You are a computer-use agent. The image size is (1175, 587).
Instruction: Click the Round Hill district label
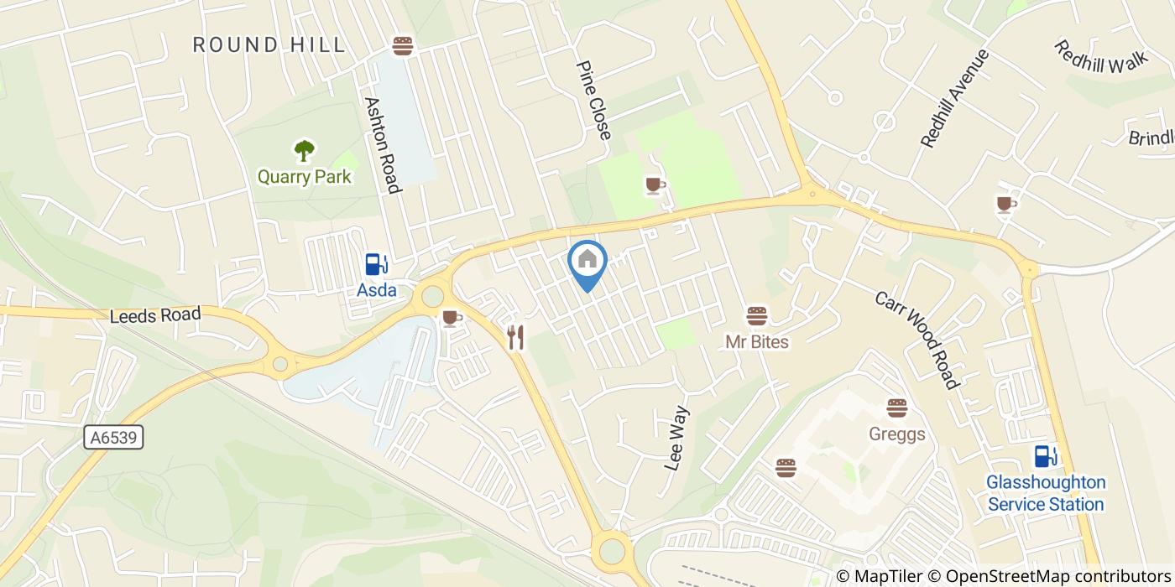(269, 44)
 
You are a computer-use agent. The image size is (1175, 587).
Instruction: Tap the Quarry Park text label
(304, 177)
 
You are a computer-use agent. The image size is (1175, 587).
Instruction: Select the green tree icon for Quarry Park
(304, 151)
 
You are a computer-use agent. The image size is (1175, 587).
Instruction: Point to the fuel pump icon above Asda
(375, 264)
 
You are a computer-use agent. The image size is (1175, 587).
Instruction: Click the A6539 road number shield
(114, 437)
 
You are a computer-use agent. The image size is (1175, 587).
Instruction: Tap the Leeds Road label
(155, 315)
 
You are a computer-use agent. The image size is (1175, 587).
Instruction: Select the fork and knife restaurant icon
(515, 338)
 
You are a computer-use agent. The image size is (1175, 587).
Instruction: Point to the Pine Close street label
(593, 100)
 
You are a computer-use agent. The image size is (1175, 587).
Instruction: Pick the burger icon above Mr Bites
(757, 316)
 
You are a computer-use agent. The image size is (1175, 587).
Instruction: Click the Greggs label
(897, 434)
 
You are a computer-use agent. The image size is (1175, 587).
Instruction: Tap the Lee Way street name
(676, 439)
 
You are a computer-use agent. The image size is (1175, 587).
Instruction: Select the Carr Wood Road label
(916, 340)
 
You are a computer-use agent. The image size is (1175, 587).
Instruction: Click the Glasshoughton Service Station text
(1046, 494)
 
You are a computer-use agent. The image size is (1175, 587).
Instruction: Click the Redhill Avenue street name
(955, 98)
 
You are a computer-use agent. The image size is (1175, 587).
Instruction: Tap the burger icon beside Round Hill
(403, 45)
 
